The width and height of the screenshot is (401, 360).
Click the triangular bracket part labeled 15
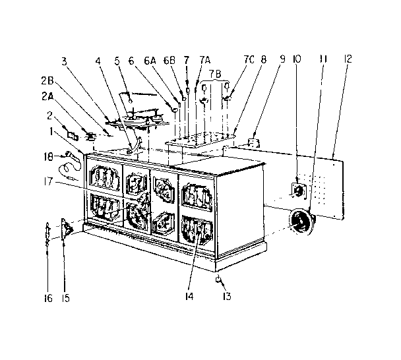click(67, 228)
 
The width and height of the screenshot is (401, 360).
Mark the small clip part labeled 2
click(73, 135)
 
